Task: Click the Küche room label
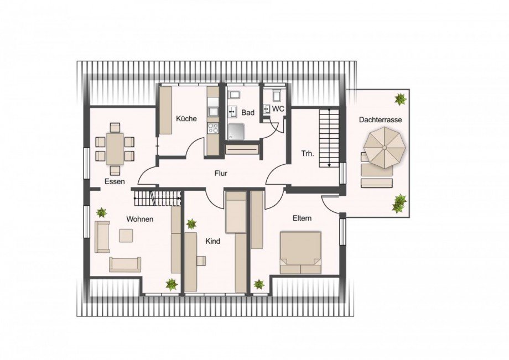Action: click(x=186, y=119)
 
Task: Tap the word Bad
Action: click(x=248, y=113)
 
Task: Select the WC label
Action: click(x=278, y=109)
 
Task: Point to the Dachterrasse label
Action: click(x=380, y=120)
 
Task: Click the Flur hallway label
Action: click(x=221, y=174)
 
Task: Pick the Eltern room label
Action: click(x=302, y=218)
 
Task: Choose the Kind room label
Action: click(x=212, y=241)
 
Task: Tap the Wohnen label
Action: click(x=139, y=219)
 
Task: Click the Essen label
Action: click(x=115, y=181)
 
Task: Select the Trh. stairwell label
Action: click(x=308, y=154)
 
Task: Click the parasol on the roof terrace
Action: click(x=385, y=148)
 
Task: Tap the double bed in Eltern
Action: click(x=300, y=253)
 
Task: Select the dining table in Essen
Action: click(x=115, y=149)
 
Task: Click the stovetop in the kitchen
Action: click(x=214, y=128)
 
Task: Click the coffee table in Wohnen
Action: click(x=126, y=236)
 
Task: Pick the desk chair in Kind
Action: click(x=201, y=261)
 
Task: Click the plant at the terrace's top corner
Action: click(x=401, y=99)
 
